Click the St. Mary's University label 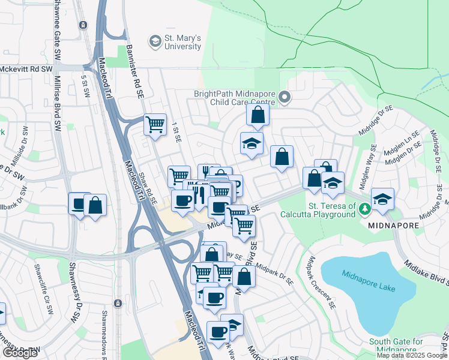coord(183,42)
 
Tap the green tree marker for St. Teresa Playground coord(365,208)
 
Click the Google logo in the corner coord(20,353)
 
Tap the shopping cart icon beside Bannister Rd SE coord(155,125)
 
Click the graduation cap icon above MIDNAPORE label coord(382,199)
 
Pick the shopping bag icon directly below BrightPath coord(258,115)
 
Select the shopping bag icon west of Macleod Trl coord(95,205)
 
